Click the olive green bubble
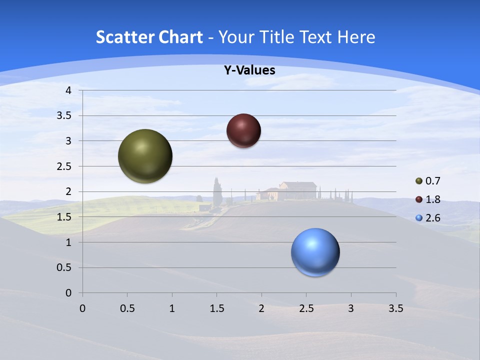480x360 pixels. click(145, 156)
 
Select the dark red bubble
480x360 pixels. click(243, 130)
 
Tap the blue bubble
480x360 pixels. click(315, 252)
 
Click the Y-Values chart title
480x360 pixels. click(249, 70)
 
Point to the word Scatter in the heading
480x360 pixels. click(124, 37)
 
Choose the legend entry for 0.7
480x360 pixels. click(428, 181)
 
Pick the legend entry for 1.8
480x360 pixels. click(428, 199)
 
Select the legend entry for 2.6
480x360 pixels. click(428, 218)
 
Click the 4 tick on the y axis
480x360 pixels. click(69, 90)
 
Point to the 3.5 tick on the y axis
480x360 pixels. click(64, 116)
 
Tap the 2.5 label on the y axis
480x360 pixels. click(64, 166)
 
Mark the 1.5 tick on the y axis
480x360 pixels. click(64, 217)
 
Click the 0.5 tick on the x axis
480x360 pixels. click(127, 308)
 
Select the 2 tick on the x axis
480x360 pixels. click(261, 308)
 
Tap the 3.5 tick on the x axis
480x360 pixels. click(396, 308)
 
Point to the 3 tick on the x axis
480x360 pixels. click(351, 308)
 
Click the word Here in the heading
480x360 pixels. click(355, 37)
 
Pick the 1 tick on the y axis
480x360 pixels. click(69, 242)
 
